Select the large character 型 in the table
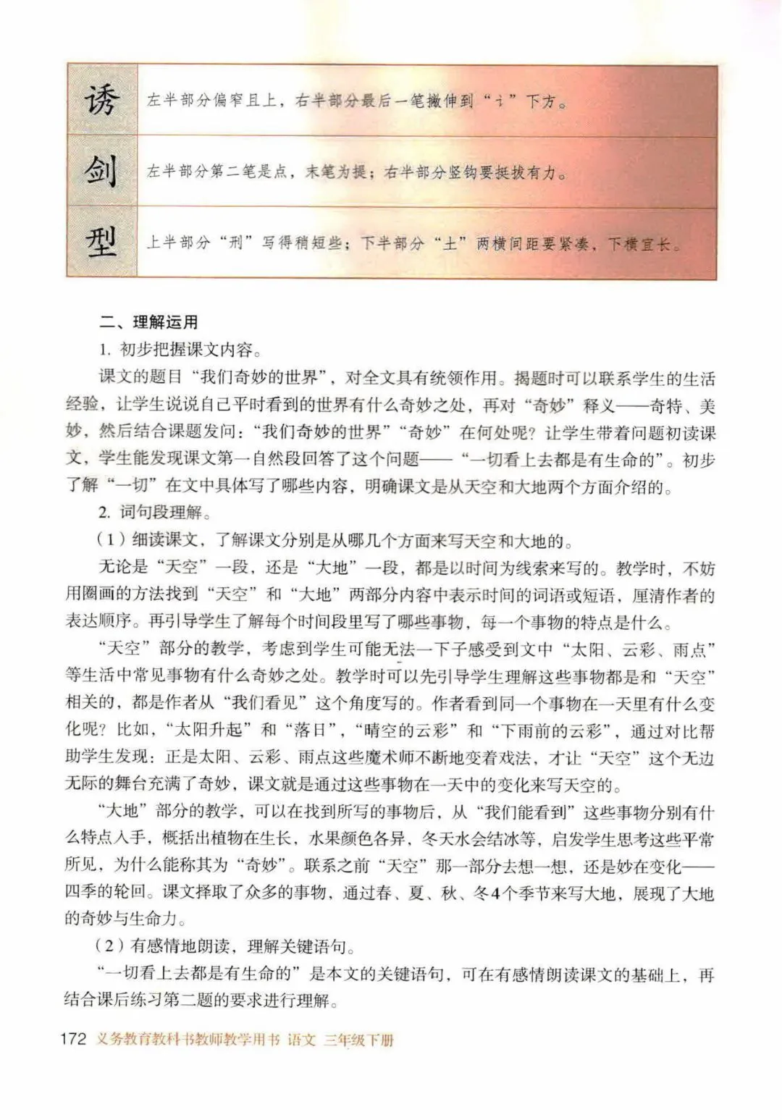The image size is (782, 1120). click(x=101, y=242)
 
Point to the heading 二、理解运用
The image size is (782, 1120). click(x=148, y=323)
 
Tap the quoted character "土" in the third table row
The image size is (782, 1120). click(x=450, y=243)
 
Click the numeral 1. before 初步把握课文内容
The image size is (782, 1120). click(x=106, y=350)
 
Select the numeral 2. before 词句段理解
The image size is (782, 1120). click(x=106, y=513)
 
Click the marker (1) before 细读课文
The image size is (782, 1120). click(x=109, y=540)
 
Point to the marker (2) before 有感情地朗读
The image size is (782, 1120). click(x=109, y=946)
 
